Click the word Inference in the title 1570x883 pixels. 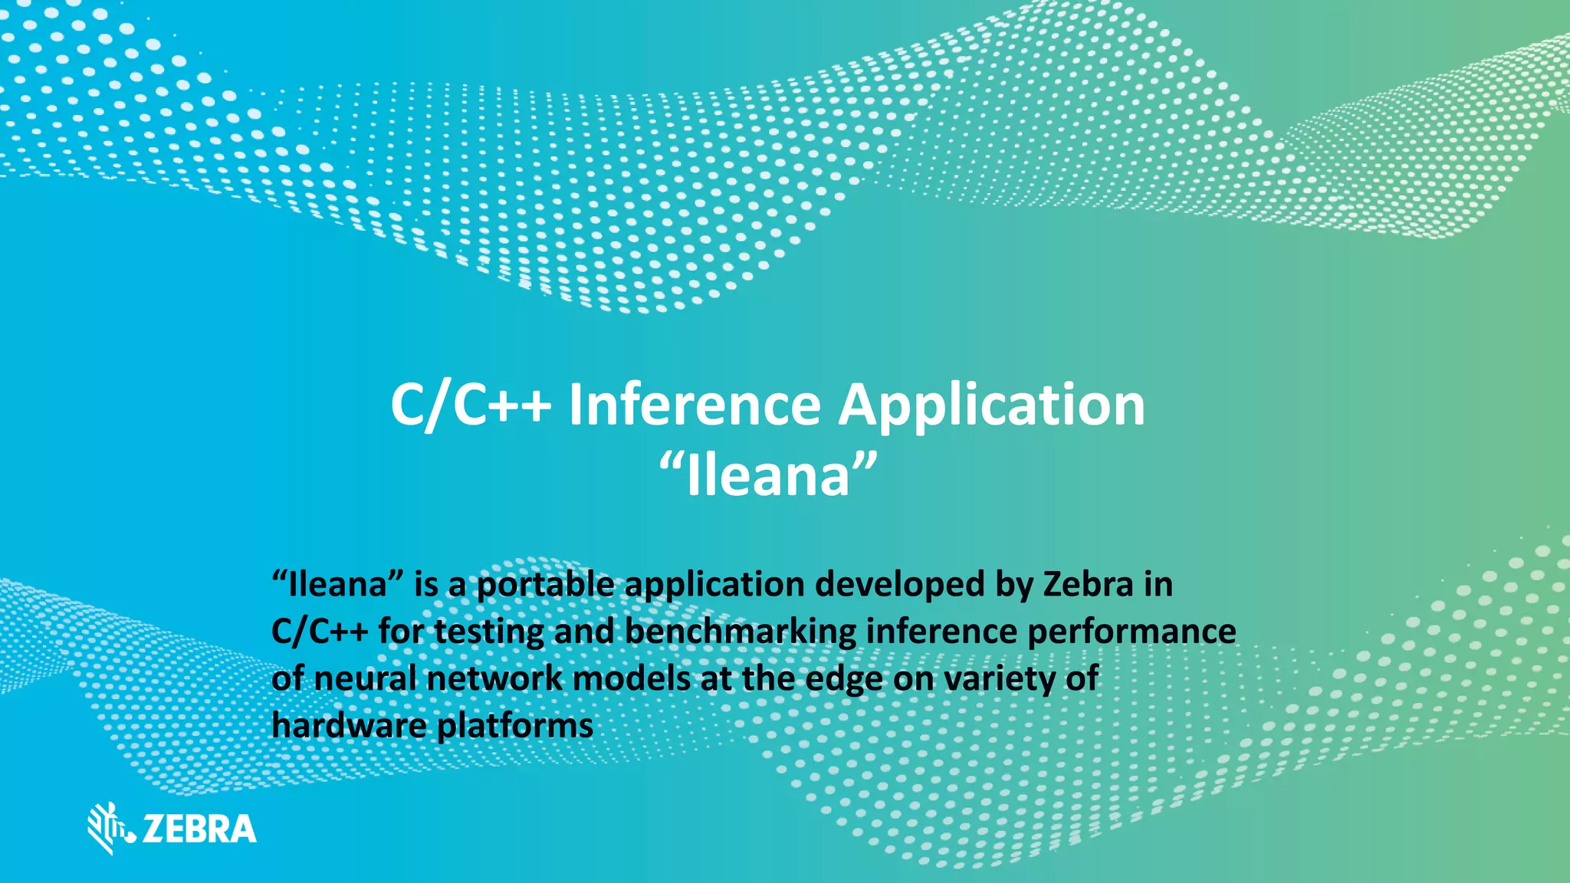click(x=694, y=405)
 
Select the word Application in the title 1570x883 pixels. click(x=991, y=405)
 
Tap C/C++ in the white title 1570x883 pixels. click(x=471, y=405)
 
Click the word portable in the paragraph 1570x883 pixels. click(x=545, y=585)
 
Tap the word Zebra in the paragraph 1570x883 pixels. click(x=1088, y=585)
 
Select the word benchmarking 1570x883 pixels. click(x=740, y=632)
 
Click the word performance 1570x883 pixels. click(x=1132, y=632)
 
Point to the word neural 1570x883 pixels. click(x=364, y=679)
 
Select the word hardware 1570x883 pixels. click(x=349, y=726)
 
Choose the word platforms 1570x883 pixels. click(x=515, y=726)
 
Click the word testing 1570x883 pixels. click(x=489, y=633)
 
